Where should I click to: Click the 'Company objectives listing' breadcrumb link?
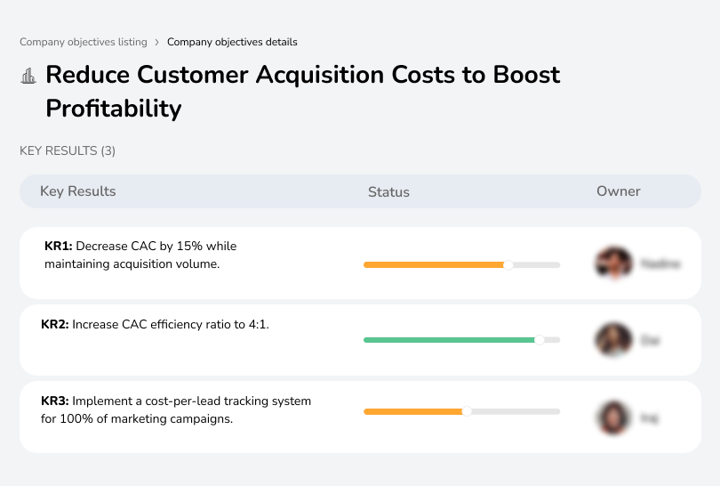(x=84, y=42)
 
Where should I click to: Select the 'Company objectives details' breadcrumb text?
(x=232, y=42)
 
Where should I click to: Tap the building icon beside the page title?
(x=28, y=76)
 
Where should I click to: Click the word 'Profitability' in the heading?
(x=113, y=109)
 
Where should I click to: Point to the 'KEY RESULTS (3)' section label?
(x=68, y=151)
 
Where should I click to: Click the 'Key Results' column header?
(x=77, y=191)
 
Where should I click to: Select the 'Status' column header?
(x=388, y=191)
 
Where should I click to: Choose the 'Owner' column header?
(x=619, y=191)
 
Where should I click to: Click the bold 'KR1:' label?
(x=59, y=246)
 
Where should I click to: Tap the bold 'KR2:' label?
(x=55, y=325)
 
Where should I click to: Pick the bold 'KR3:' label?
(x=55, y=401)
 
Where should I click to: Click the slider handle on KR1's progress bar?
(x=508, y=264)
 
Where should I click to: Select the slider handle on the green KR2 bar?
(x=539, y=340)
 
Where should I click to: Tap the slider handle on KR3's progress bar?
(x=467, y=411)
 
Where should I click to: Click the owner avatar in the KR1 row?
(x=612, y=263)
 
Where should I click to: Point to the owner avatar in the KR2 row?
(x=612, y=340)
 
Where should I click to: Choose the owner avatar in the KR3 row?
(x=612, y=417)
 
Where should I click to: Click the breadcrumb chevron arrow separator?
(x=157, y=42)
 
